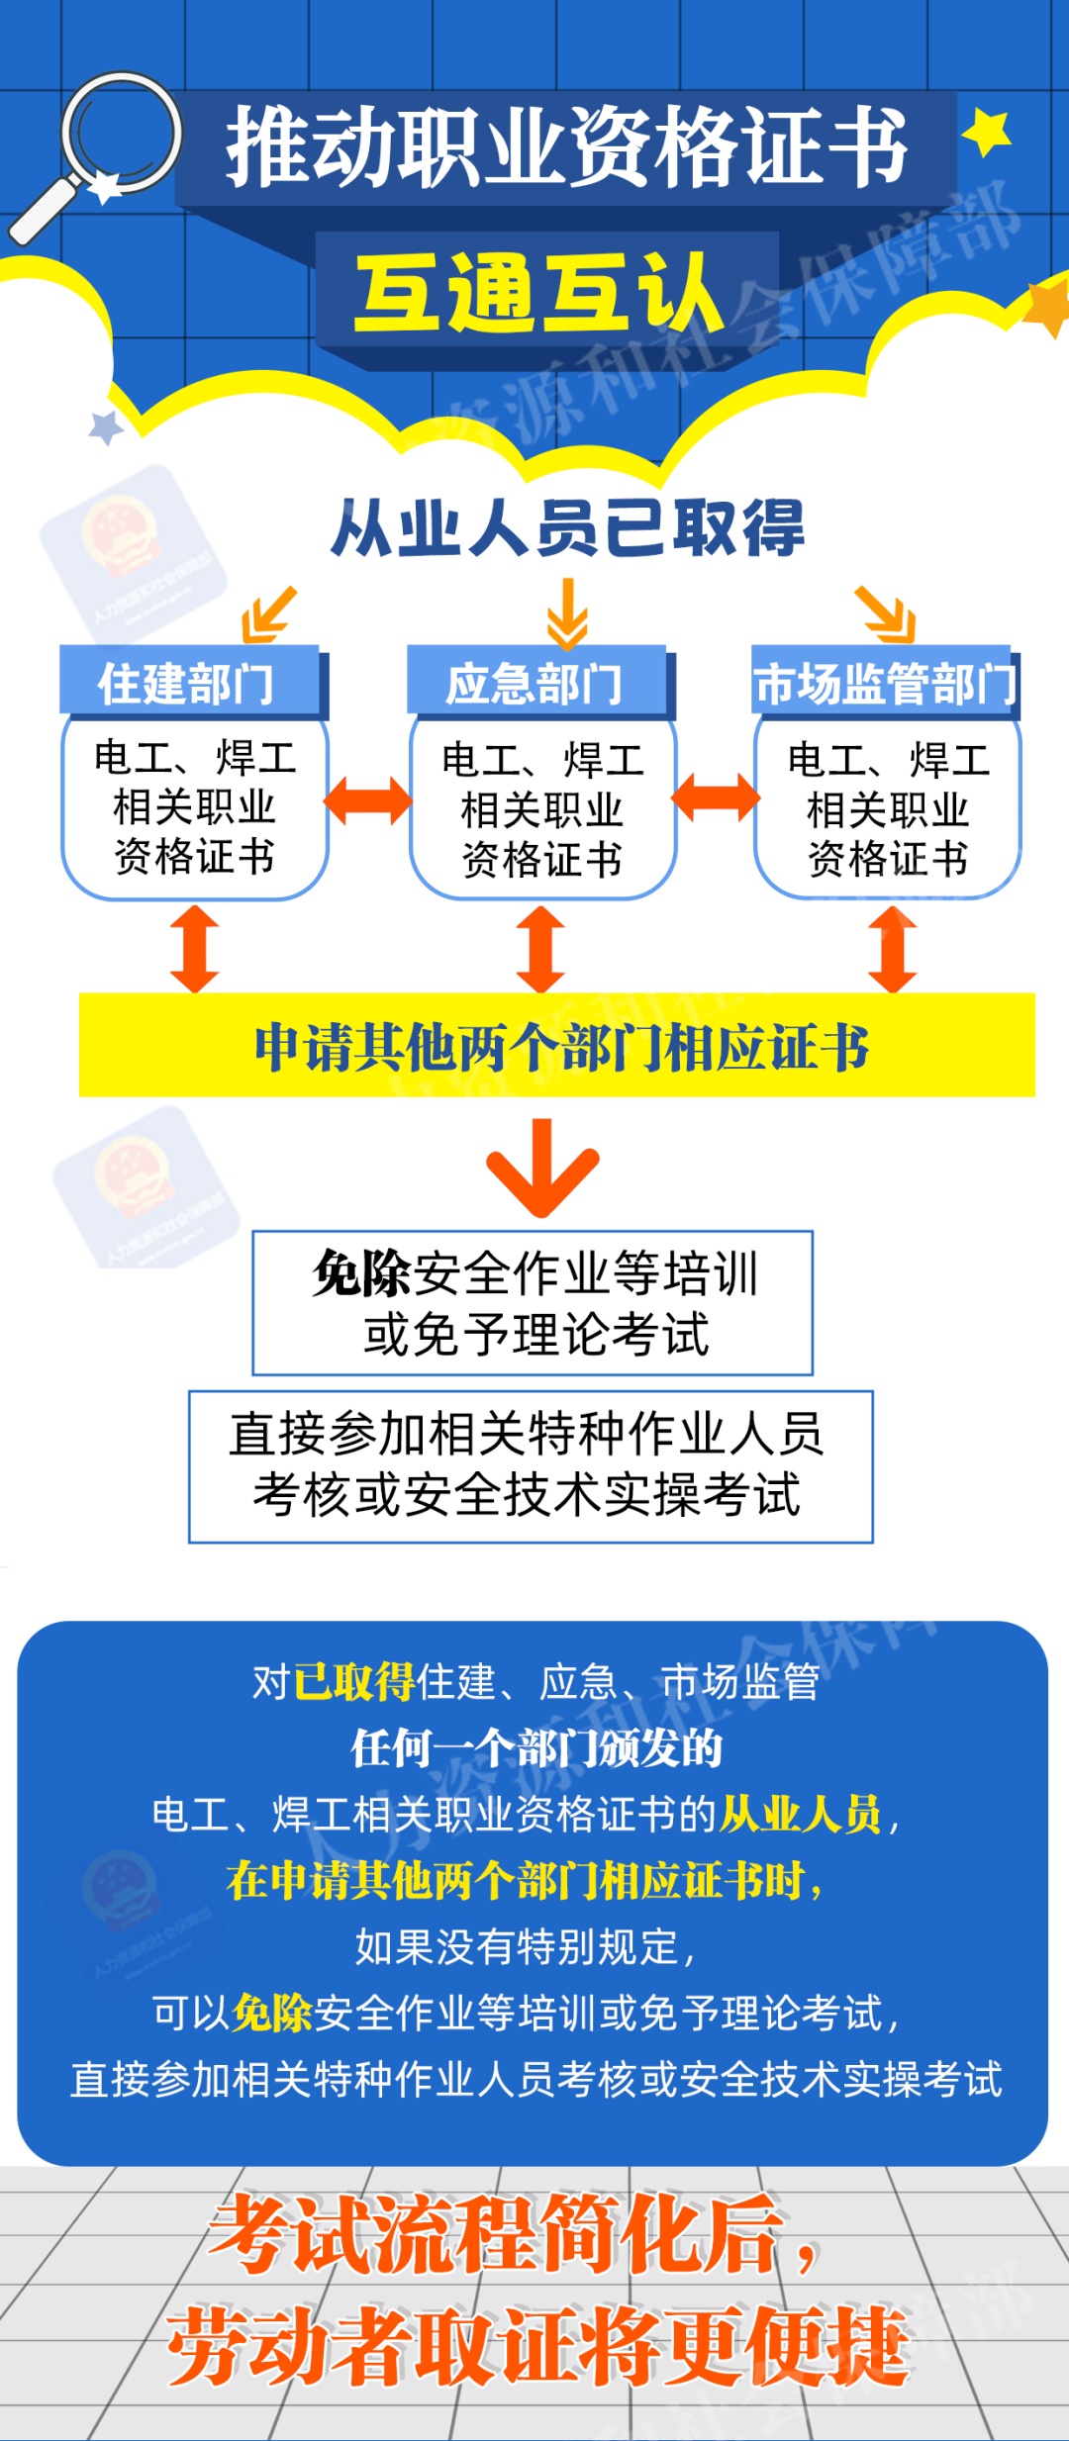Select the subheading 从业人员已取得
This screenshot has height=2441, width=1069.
(568, 527)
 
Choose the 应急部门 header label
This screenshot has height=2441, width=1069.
(535, 683)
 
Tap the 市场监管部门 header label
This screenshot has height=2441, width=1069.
(885, 683)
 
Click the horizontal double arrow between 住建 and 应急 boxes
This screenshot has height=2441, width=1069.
(367, 800)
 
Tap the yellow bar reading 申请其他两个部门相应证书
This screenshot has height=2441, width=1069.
(557, 1046)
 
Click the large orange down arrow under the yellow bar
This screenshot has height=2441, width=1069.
(542, 1168)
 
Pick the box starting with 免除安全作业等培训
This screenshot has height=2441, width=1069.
(533, 1302)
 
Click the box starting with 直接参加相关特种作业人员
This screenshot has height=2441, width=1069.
(531, 1465)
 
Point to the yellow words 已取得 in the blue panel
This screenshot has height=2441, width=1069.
(353, 1681)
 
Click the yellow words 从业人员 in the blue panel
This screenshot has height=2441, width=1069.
(800, 1814)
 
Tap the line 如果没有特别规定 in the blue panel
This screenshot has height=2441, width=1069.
(525, 1946)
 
